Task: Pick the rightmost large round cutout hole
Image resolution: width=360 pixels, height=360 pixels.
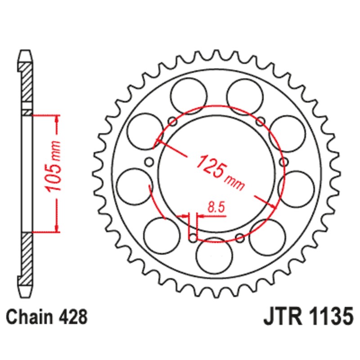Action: (x=296, y=185)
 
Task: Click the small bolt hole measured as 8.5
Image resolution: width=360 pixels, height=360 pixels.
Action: (x=193, y=237)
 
